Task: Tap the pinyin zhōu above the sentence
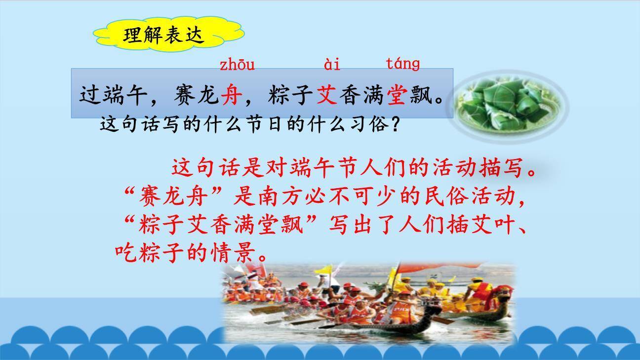point(237,65)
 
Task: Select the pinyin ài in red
point(332,65)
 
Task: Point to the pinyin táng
point(403,64)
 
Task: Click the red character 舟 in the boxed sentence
point(232,94)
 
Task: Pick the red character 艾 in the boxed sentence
point(327,94)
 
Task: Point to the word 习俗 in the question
point(370,124)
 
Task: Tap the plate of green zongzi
point(508,106)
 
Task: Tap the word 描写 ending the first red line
point(501,168)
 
